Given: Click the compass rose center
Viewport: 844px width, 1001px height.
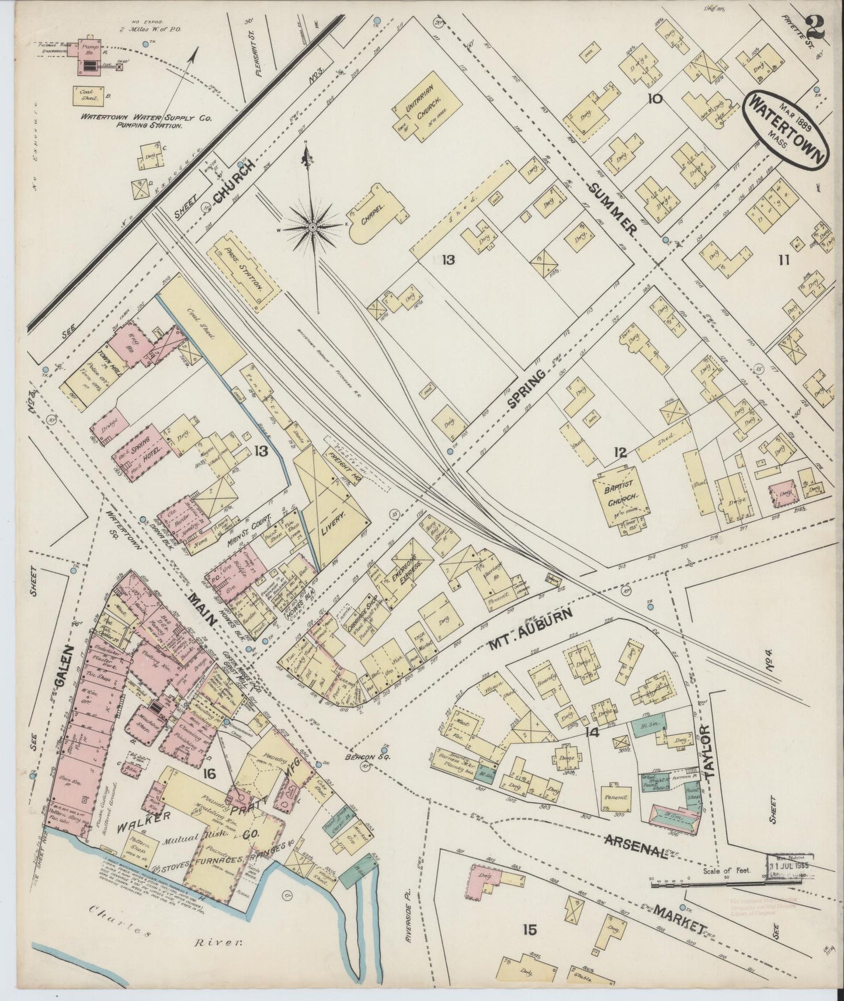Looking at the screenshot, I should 314,227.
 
